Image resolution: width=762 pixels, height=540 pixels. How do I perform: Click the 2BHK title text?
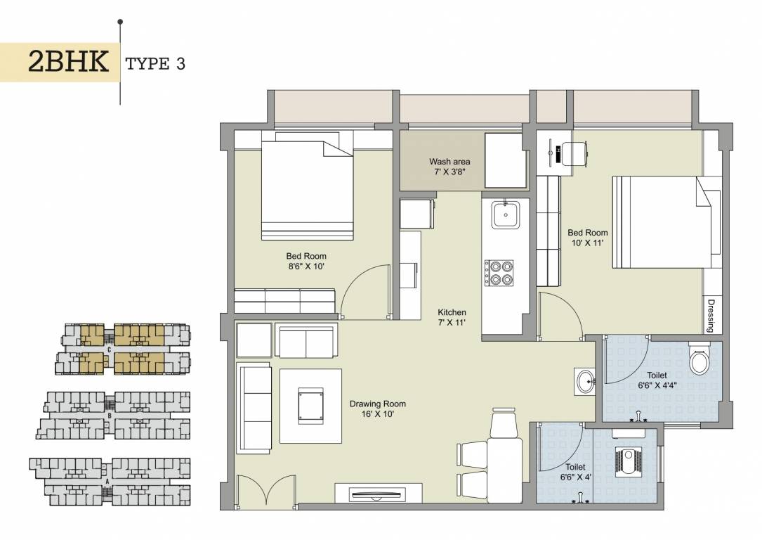[68, 63]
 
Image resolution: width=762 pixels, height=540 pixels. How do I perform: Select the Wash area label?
[449, 167]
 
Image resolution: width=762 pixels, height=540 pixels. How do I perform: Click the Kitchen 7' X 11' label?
[452, 317]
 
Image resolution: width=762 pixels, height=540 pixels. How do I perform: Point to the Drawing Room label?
[377, 409]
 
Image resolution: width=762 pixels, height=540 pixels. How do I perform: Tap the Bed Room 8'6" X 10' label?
[306, 261]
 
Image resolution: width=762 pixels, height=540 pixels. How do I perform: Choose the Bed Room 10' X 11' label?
[587, 238]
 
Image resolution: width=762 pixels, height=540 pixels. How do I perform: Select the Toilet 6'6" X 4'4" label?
[652, 380]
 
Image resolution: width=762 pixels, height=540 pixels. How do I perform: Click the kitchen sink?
[505, 214]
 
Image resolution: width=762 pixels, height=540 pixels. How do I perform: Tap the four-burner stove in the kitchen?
[498, 271]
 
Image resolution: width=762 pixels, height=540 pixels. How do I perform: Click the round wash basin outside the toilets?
[584, 382]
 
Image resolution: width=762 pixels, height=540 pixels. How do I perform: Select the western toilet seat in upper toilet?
[699, 361]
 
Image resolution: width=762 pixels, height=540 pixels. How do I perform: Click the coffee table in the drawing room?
[310, 406]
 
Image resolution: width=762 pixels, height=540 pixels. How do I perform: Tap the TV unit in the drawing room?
[378, 494]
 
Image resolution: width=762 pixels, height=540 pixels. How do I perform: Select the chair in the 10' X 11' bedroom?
[574, 153]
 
